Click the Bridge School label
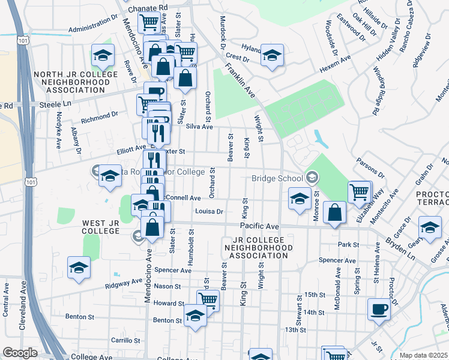click(x=277, y=178)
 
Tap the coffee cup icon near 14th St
click(x=378, y=308)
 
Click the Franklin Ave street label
click(x=241, y=82)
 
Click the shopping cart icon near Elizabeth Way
click(x=359, y=192)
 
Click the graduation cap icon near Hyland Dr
click(x=272, y=56)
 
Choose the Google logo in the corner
click(x=19, y=353)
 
